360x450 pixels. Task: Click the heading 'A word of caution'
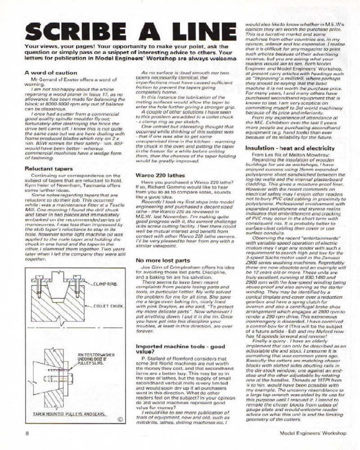[x=49, y=72]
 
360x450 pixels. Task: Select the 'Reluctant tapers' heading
[x=48, y=169]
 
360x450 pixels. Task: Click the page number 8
[x=28, y=433]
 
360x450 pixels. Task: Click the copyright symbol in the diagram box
[x=120, y=420]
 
